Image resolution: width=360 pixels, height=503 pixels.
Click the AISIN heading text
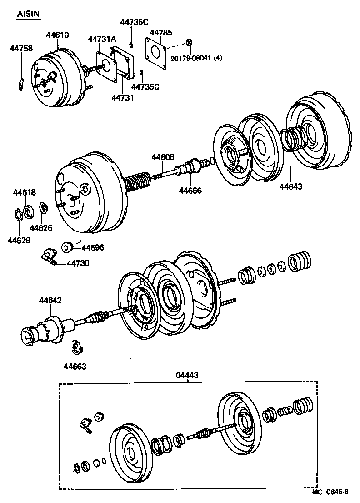pyautogui.click(x=29, y=15)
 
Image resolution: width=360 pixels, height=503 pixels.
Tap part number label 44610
pyautogui.click(x=57, y=35)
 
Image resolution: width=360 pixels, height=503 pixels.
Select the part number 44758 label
pyautogui.click(x=21, y=48)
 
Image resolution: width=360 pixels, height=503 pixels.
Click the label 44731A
pyautogui.click(x=102, y=40)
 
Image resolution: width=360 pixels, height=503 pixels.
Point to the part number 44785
pyautogui.click(x=161, y=33)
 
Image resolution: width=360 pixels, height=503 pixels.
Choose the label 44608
pyautogui.click(x=163, y=157)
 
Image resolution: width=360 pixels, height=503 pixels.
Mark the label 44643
pyautogui.click(x=291, y=186)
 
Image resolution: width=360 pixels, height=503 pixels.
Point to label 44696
pyautogui.click(x=93, y=248)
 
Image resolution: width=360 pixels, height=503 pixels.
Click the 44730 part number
pyautogui.click(x=78, y=263)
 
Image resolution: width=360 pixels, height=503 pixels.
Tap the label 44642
pyautogui.click(x=50, y=300)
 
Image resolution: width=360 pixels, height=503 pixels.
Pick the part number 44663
pyautogui.click(x=75, y=366)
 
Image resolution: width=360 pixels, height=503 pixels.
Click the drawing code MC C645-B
pyautogui.click(x=330, y=492)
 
